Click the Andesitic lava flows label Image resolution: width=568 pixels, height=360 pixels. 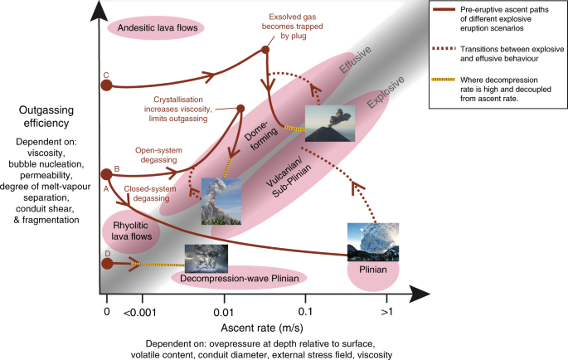click(156, 27)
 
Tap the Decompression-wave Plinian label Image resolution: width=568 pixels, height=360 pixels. click(239, 279)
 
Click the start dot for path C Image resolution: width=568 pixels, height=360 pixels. click(106, 85)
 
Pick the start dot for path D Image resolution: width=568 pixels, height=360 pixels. click(106, 264)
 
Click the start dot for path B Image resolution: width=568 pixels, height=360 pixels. click(106, 174)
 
